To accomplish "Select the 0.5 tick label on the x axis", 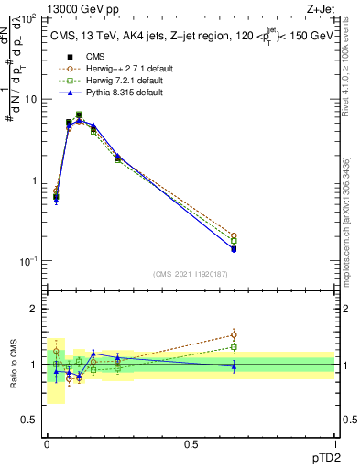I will click(191, 442).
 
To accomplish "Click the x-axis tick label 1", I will click(334, 442).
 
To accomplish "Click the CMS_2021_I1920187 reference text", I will click(190, 274).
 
